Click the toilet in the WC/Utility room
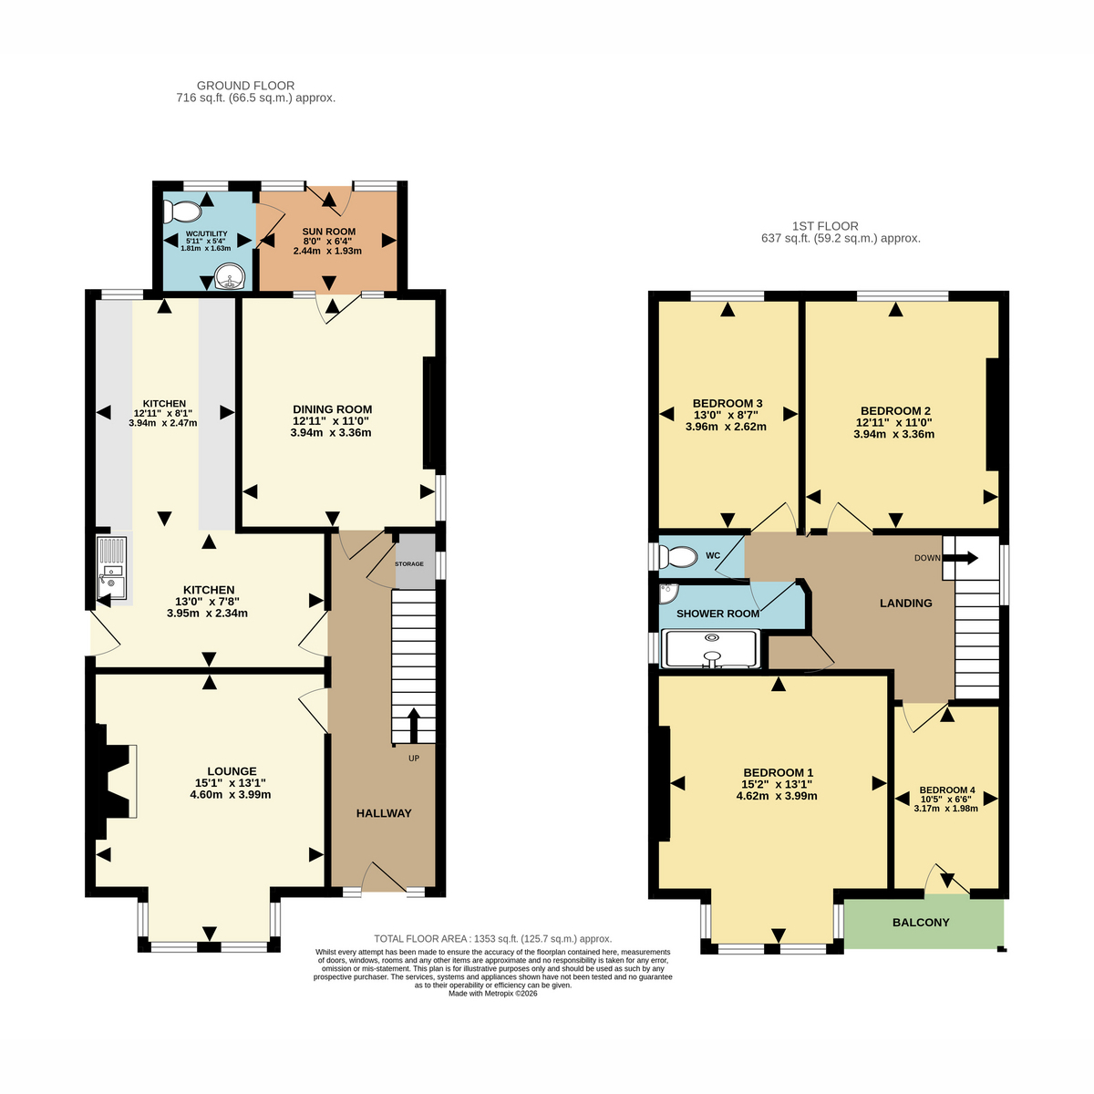pos(181,212)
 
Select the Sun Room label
pos(329,232)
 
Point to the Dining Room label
pos(332,409)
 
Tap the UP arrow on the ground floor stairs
pos(414,725)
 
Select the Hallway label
pos(384,813)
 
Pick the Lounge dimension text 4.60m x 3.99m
pos(231,794)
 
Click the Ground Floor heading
pos(245,86)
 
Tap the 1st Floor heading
pos(825,226)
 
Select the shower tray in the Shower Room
pos(712,648)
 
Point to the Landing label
pos(905,603)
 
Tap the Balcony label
pos(921,923)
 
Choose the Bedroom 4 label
pos(947,790)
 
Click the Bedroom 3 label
pos(728,403)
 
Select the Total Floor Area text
pos(493,939)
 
